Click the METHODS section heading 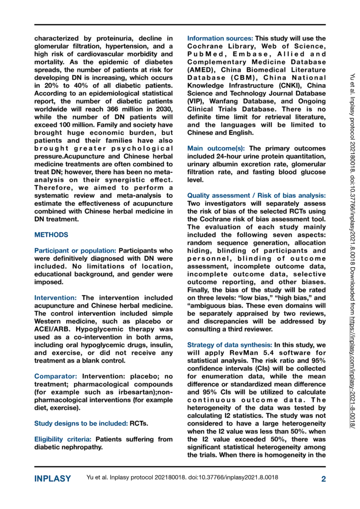[x=52, y=235]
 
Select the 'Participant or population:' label [x=75, y=251]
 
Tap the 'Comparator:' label [x=57, y=376]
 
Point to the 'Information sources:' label [x=220, y=38]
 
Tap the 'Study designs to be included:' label [x=81, y=423]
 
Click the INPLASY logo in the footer [x=52, y=479]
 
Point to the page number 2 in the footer [x=323, y=479]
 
